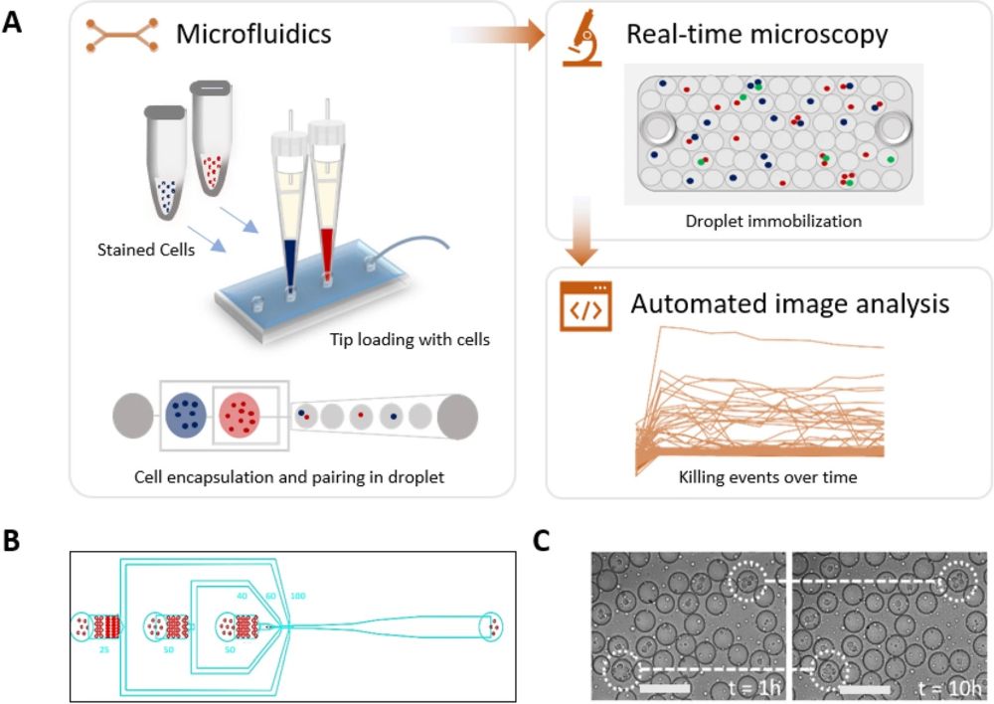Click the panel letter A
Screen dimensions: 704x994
pyautogui.click(x=13, y=21)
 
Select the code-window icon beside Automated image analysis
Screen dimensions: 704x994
pyautogui.click(x=581, y=309)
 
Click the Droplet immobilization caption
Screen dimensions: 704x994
pyautogui.click(x=772, y=221)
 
